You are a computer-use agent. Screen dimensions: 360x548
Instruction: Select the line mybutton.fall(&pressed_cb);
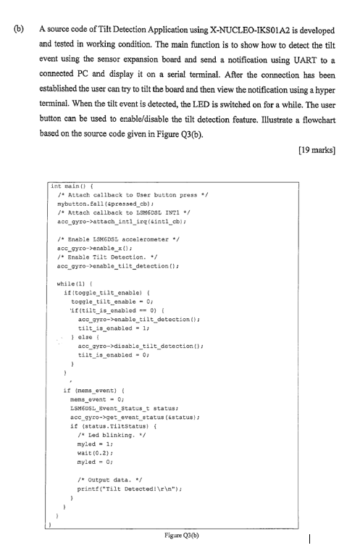pyautogui.click(x=108, y=205)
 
